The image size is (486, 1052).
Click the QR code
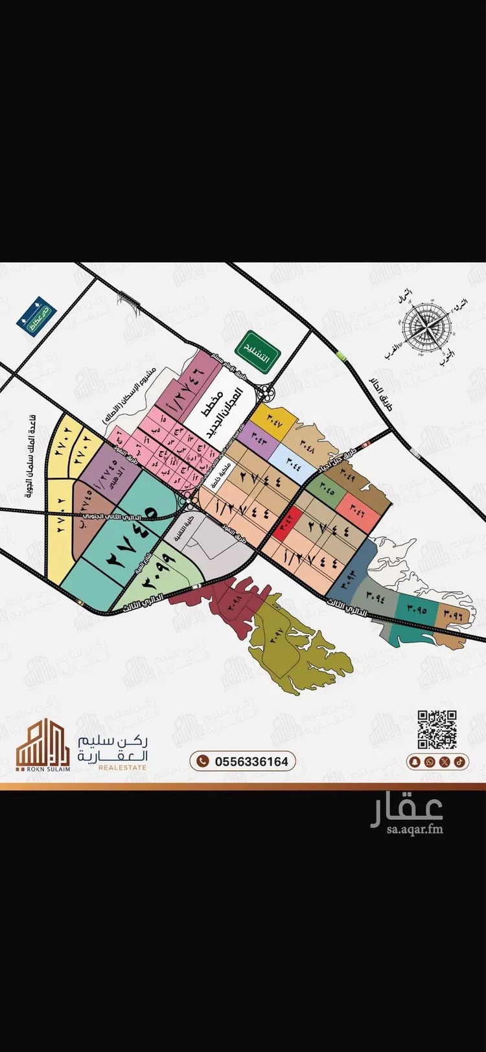tap(437, 729)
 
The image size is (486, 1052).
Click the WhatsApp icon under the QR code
tap(430, 762)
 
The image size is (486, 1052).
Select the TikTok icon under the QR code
tap(458, 762)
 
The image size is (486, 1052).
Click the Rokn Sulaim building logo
tap(42, 745)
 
